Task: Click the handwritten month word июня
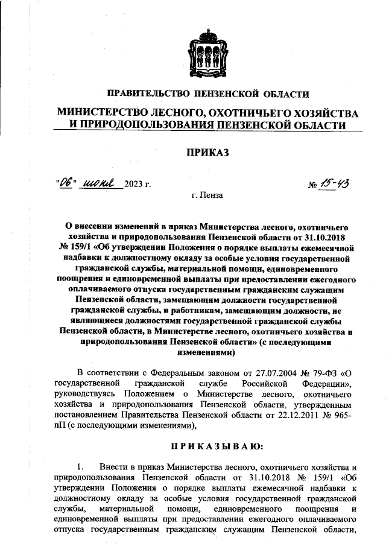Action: [x=99, y=183]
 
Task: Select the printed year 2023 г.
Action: [x=138, y=185]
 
